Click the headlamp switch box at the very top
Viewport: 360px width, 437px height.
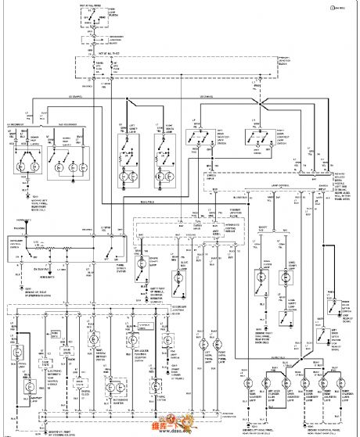[x=93, y=23]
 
